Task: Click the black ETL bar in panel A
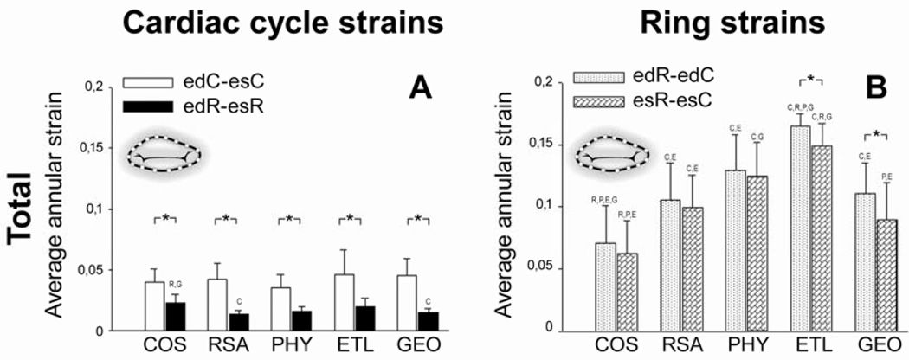366,318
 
